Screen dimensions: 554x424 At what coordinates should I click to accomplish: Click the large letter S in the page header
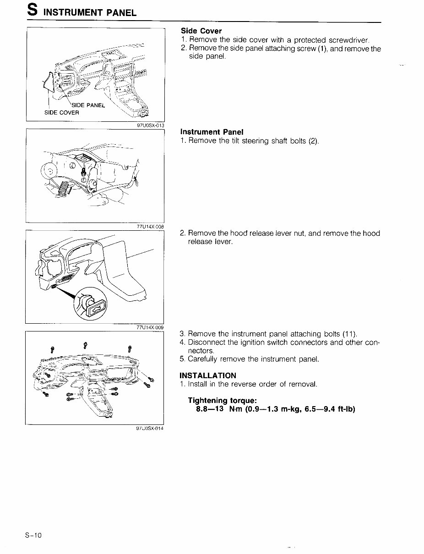point(31,11)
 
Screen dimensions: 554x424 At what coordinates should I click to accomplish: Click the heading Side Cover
point(201,31)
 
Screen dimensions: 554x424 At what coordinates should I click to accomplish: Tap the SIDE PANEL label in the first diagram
point(88,105)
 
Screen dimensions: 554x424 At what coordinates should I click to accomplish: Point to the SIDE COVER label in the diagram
point(61,113)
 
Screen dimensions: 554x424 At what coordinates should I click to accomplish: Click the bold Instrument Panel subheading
point(212,132)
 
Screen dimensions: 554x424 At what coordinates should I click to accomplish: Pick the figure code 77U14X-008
point(150,226)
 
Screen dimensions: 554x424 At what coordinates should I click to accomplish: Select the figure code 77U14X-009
point(150,327)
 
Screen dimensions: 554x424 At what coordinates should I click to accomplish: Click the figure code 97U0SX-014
point(150,429)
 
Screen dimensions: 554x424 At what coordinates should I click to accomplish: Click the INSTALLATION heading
point(208,375)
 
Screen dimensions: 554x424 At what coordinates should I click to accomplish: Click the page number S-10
point(33,536)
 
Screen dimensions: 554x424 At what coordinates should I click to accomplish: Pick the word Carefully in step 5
point(205,359)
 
